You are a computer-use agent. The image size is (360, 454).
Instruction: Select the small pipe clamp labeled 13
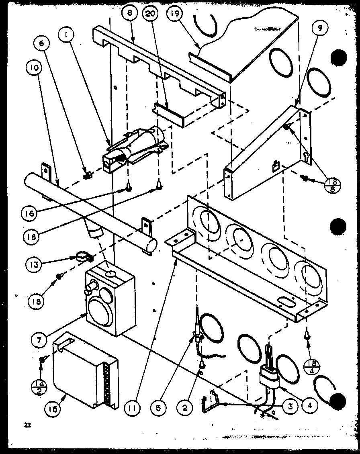(83, 256)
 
